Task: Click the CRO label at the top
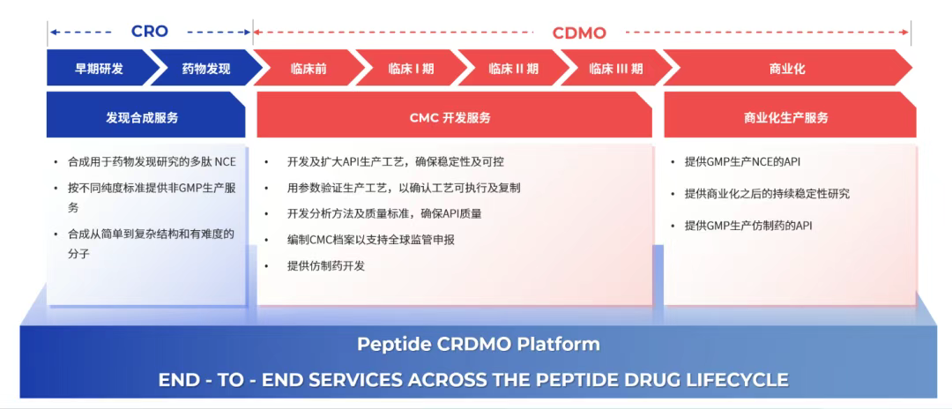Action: [149, 32]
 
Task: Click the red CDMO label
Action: [579, 33]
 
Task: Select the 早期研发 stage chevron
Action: [99, 68]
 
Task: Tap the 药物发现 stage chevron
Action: [205, 68]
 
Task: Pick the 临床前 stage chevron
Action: [309, 68]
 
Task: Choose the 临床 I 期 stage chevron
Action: [411, 68]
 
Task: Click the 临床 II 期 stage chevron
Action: [513, 68]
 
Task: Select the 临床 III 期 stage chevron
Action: [615, 68]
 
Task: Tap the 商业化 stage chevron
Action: [786, 68]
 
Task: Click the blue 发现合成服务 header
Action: [142, 117]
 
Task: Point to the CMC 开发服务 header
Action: [450, 117]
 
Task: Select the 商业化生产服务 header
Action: [786, 117]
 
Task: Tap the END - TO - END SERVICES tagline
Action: [473, 380]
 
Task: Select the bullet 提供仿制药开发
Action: [325, 265]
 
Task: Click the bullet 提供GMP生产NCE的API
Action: [742, 162]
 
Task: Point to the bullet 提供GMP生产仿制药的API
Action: [748, 226]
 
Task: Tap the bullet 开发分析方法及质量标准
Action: [384, 213]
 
